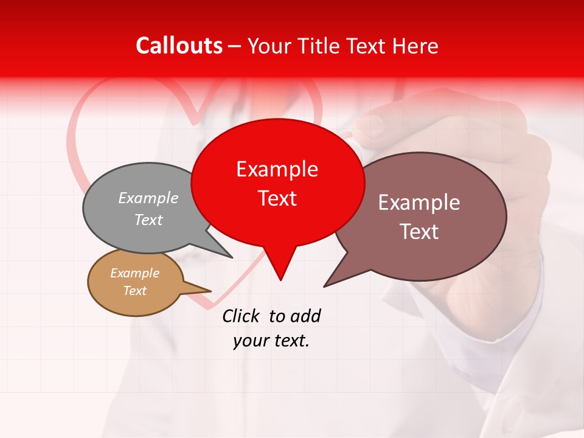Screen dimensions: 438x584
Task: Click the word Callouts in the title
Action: [179, 46]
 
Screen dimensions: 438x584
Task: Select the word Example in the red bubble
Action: [277, 169]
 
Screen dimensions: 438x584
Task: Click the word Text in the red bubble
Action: [277, 198]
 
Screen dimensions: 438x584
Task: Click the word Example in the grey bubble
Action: [148, 198]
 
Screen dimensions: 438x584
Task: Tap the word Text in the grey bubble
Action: [148, 220]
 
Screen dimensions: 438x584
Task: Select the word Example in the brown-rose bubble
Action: [419, 202]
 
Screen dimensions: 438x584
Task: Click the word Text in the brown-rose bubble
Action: [419, 231]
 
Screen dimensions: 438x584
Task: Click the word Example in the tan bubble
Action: [134, 273]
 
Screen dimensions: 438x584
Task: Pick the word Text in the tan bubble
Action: [134, 291]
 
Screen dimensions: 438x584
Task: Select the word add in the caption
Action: [305, 316]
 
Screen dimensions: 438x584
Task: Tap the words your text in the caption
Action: [271, 341]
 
